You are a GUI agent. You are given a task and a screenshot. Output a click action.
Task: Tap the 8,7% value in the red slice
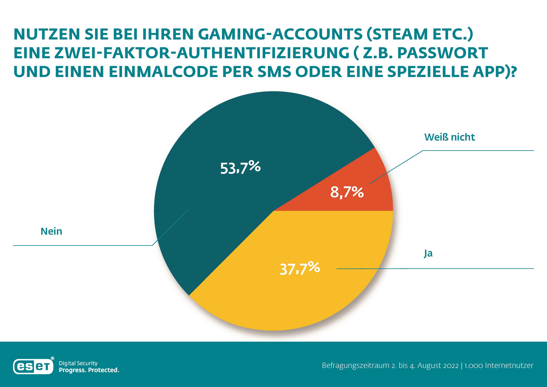347,193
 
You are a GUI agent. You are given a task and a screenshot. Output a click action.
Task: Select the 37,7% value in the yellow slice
300,269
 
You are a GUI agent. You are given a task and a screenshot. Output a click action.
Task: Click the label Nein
52,231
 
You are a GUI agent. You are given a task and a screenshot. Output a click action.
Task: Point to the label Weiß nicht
449,137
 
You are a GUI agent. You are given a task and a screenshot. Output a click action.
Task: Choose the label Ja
428,253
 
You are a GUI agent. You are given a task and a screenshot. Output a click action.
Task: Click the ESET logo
34,366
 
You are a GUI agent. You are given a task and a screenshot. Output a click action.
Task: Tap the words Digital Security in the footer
78,363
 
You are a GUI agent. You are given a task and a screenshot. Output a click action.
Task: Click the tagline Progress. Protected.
89,370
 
